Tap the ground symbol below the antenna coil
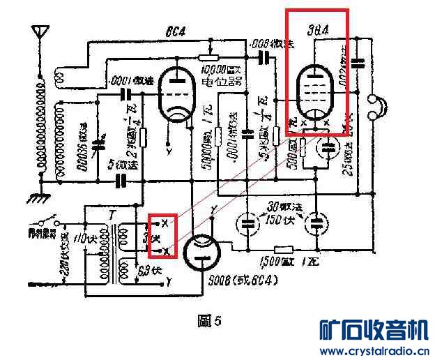39,197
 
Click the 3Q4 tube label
318,30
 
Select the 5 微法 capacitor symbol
121,181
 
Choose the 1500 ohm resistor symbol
283,250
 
